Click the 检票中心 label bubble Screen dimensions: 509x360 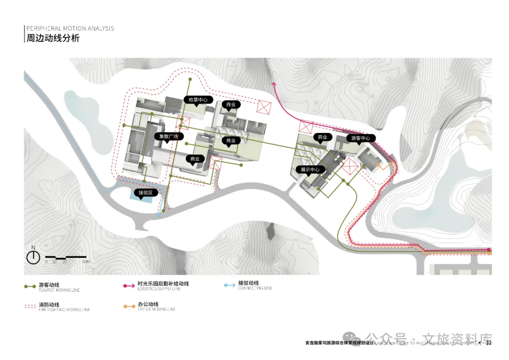point(198,100)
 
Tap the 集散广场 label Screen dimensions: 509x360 point(168,137)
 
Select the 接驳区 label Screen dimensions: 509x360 point(145,193)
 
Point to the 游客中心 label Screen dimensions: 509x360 point(361,138)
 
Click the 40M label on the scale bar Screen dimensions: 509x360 point(85,262)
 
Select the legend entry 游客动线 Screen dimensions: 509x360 point(49,285)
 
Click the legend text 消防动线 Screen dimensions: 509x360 point(49,305)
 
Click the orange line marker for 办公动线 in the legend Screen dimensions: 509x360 point(129,307)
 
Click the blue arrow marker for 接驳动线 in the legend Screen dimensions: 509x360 point(229,286)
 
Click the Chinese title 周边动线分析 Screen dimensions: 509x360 point(53,39)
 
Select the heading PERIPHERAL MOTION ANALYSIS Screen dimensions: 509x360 point(70,28)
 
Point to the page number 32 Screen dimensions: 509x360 point(489,343)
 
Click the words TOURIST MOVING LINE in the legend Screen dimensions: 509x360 point(59,290)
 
